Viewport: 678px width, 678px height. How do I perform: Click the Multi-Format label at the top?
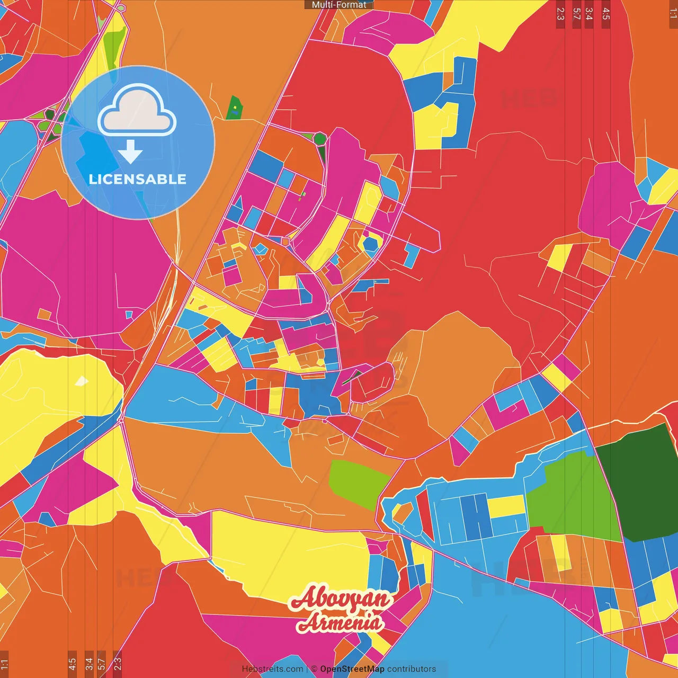pyautogui.click(x=339, y=5)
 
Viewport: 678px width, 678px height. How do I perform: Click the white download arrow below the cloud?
pyautogui.click(x=130, y=152)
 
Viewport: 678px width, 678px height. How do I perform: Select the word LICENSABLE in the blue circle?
pyautogui.click(x=138, y=179)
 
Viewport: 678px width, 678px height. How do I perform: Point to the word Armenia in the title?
pyautogui.click(x=340, y=622)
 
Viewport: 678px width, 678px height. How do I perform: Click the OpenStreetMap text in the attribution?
pyautogui.click(x=352, y=669)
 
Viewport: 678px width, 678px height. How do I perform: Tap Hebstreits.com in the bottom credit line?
pyautogui.click(x=272, y=669)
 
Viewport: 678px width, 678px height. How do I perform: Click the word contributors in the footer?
pyautogui.click(x=412, y=669)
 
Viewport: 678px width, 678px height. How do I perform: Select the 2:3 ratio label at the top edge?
pyautogui.click(x=560, y=14)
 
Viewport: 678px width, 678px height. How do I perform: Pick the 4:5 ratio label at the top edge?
pyautogui.click(x=606, y=14)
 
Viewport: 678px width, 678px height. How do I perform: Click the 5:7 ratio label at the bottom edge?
pyautogui.click(x=102, y=663)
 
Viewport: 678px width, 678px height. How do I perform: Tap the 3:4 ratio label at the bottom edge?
pyautogui.click(x=88, y=663)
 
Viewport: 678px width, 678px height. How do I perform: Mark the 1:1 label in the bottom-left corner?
pyautogui.click(x=4, y=664)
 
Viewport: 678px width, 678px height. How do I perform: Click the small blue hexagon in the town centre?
pyautogui.click(x=370, y=244)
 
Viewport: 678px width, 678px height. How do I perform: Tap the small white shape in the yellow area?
pyautogui.click(x=82, y=380)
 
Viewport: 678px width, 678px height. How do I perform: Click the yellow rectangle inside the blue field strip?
pyautogui.click(x=505, y=506)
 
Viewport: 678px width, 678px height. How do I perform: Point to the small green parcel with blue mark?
pyautogui.click(x=234, y=108)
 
